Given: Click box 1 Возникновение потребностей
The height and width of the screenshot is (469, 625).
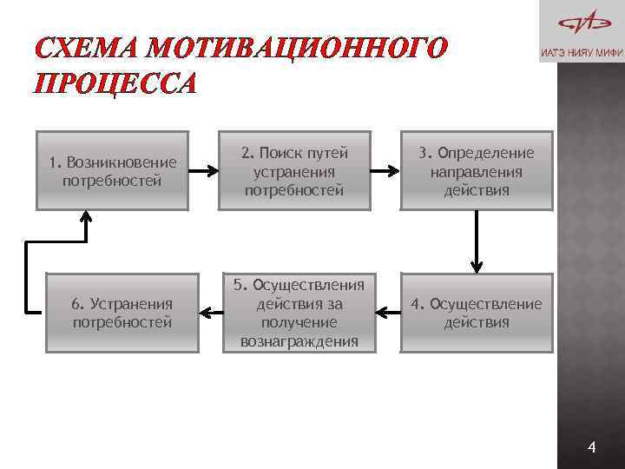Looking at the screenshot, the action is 113,171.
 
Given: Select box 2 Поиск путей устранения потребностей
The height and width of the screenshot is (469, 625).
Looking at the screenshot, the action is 294,171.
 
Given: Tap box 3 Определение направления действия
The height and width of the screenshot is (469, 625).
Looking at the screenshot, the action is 476,171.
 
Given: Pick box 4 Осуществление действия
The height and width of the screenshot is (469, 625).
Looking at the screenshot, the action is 476,313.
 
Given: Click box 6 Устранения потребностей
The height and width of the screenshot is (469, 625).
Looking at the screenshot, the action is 122,313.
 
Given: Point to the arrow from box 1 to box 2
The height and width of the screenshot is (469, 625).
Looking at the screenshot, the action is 204,171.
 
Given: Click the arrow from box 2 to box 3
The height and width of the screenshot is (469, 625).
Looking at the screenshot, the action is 385,171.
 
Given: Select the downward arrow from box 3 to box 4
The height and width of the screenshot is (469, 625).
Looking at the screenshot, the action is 476,241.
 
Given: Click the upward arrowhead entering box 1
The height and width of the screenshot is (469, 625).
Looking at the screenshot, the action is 85,220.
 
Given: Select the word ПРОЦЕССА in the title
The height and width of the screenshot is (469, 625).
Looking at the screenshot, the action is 115,83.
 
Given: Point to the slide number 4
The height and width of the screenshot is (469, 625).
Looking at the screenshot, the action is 592,447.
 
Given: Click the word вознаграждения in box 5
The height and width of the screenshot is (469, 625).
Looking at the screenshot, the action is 299,341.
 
